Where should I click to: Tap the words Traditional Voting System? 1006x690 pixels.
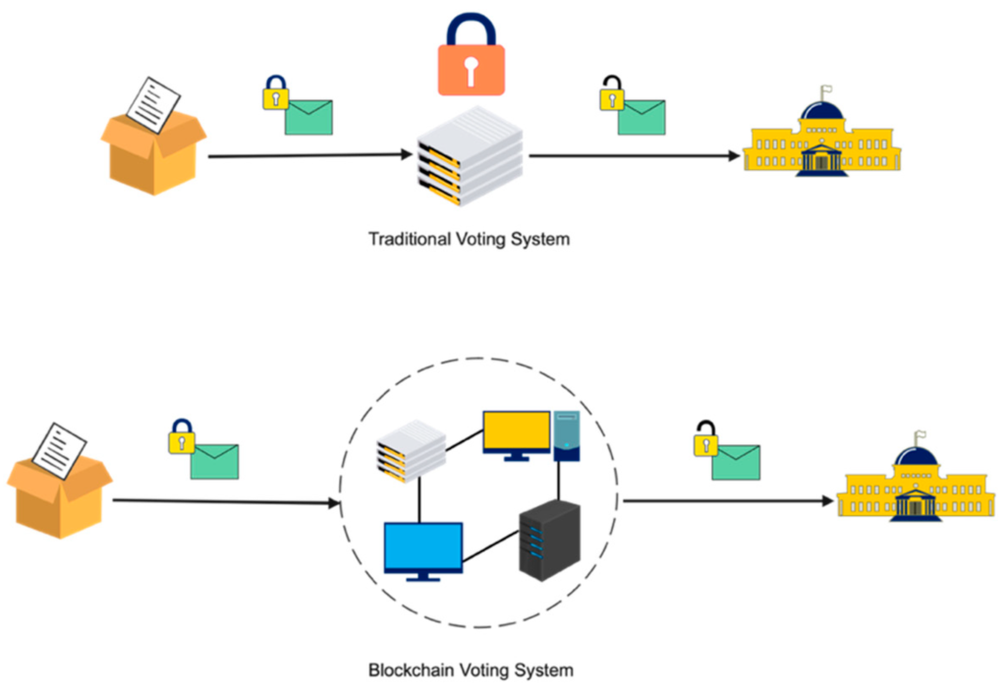click(469, 239)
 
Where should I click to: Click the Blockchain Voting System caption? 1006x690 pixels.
click(471, 671)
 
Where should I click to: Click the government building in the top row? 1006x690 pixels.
click(821, 143)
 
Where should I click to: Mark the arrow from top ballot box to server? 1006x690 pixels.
click(309, 155)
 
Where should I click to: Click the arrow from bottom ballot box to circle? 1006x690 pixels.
click(226, 502)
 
